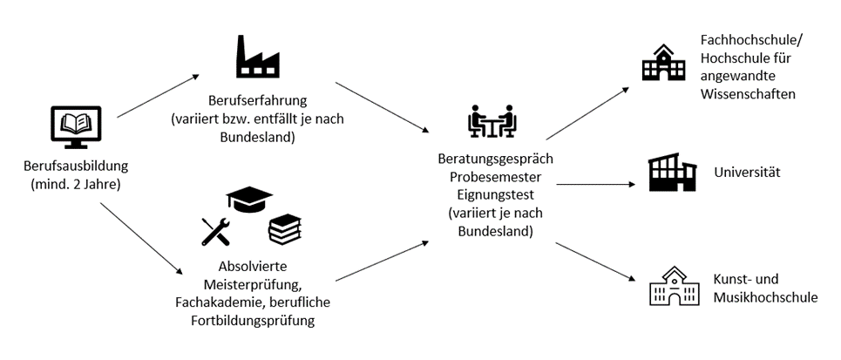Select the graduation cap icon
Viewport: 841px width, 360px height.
[249, 198]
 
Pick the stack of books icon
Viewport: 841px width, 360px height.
[284, 228]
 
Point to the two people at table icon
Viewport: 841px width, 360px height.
[493, 123]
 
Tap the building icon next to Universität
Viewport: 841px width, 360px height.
[672, 173]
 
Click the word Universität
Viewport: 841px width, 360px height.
[747, 173]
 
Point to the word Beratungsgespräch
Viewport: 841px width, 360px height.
[496, 160]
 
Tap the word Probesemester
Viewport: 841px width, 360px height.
[495, 177]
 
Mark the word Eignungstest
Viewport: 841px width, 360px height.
[495, 195]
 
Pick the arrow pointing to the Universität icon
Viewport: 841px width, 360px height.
[595, 184]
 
